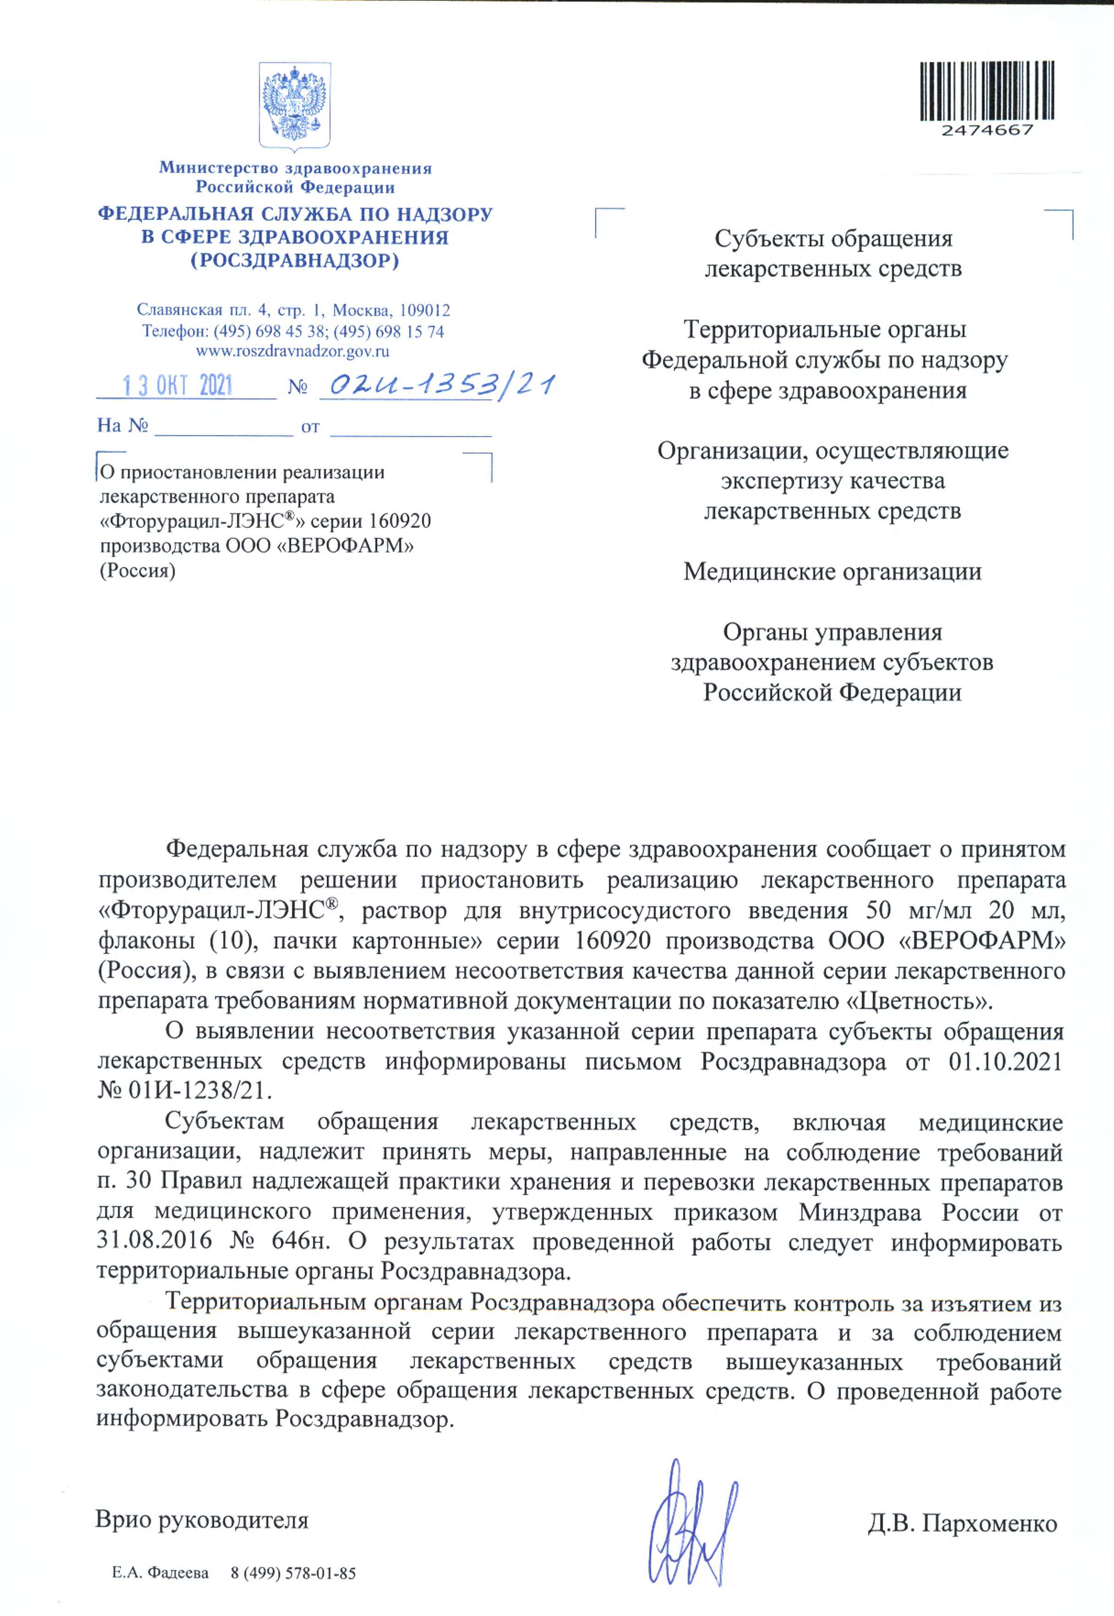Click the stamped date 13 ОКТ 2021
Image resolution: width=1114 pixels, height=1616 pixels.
[x=178, y=385]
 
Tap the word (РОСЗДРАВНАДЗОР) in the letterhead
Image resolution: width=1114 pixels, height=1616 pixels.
[x=295, y=260]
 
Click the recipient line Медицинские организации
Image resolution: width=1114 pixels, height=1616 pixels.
[x=832, y=571]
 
